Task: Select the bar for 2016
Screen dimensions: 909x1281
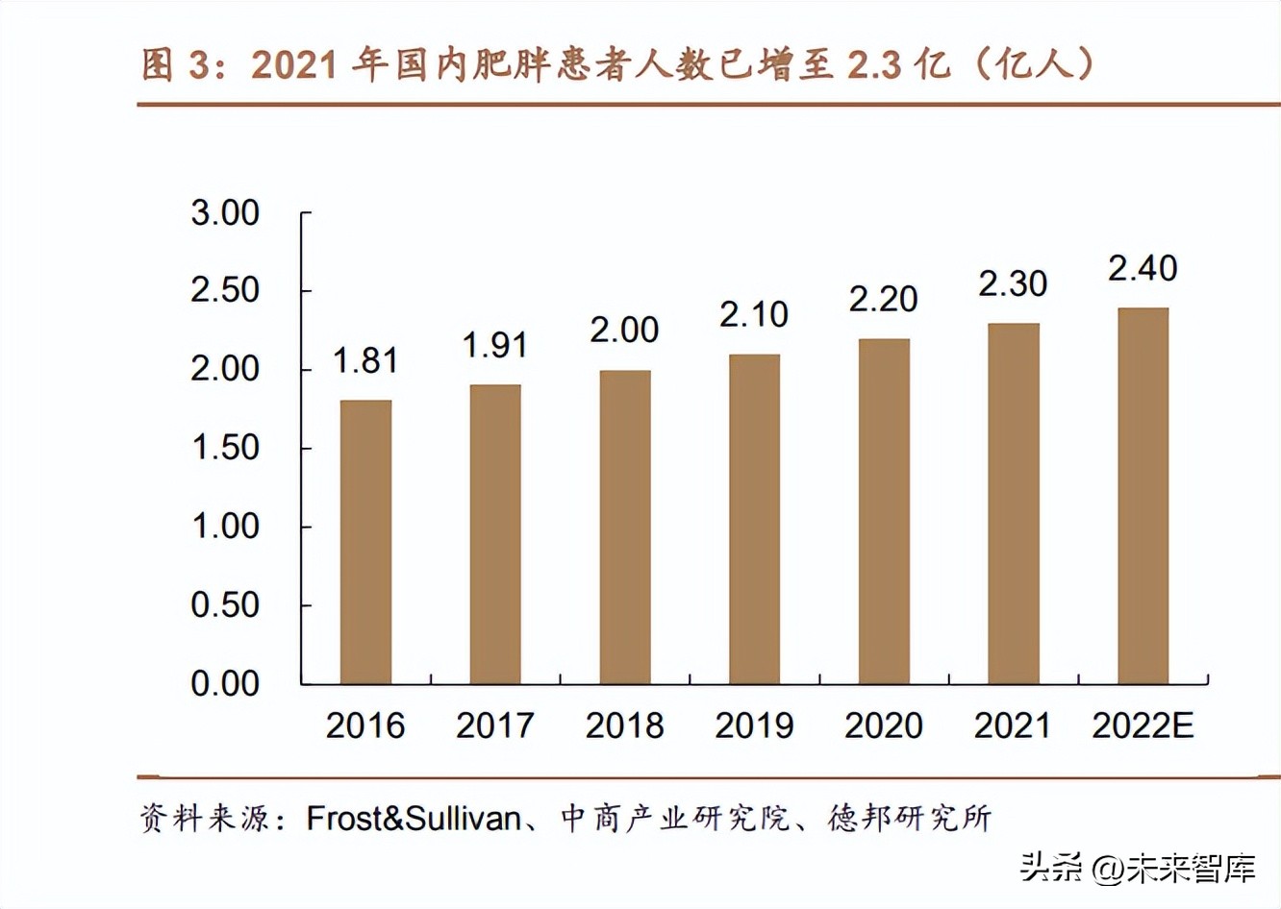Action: point(365,542)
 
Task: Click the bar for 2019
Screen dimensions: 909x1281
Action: point(754,519)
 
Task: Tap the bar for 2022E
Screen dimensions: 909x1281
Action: point(1143,496)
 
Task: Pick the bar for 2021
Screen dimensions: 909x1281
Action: point(1014,504)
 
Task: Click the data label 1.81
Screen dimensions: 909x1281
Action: point(365,360)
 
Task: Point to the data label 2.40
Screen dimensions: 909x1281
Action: point(1143,268)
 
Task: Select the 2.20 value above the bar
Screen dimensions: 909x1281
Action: point(883,299)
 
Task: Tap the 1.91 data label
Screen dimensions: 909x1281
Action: point(495,345)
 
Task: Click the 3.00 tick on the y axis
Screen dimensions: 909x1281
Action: point(225,212)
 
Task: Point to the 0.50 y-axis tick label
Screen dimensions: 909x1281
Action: point(225,605)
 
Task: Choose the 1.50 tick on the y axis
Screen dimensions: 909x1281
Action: point(225,448)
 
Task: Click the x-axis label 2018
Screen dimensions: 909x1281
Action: point(624,725)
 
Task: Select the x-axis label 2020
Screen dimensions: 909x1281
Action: point(883,725)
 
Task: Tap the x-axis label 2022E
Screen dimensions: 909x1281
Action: point(1143,725)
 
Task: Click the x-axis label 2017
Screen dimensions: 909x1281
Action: point(495,725)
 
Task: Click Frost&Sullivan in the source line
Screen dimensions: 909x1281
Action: point(414,818)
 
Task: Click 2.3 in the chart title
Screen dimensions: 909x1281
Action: point(875,64)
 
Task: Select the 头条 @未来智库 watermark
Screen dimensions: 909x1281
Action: point(1138,868)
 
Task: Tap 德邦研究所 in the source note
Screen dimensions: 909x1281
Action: point(910,818)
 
